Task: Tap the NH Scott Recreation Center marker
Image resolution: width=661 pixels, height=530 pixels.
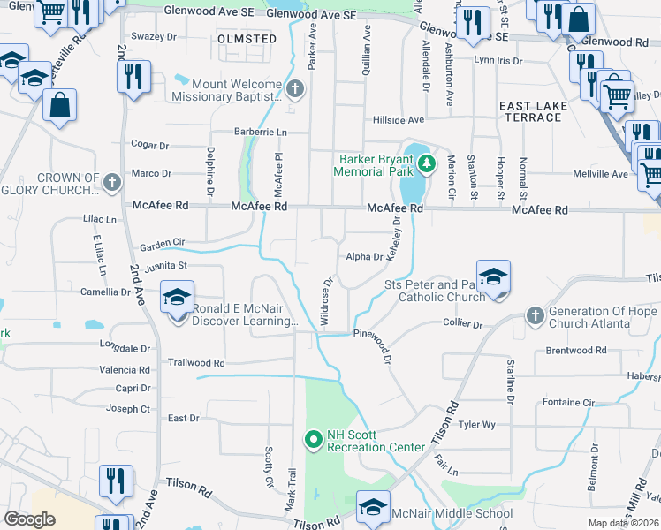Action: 312,438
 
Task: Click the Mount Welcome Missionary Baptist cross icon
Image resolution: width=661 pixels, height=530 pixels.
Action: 295,88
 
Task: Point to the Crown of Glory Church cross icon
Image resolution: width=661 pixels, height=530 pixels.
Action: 111,183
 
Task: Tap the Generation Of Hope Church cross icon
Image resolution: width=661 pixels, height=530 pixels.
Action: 535,315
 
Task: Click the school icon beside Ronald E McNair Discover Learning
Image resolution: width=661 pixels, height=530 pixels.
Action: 177,298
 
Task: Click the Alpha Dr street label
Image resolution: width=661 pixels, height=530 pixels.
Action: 364,257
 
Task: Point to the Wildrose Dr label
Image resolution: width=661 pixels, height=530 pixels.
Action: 327,301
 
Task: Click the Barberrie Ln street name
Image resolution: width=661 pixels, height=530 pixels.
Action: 261,132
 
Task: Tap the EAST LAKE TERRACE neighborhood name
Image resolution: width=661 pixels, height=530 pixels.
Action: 534,111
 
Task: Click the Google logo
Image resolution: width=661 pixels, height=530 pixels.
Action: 29,519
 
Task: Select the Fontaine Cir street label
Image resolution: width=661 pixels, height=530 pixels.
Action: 567,402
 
